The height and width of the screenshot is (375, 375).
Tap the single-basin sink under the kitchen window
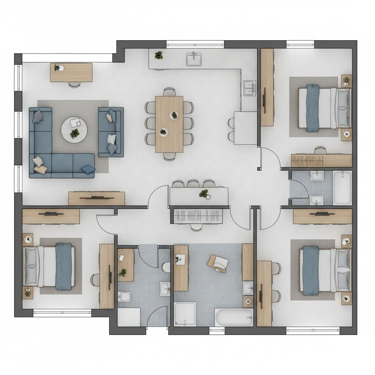point(194,59)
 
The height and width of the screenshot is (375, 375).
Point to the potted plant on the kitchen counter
point(159,56)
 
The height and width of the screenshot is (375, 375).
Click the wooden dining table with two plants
point(169,124)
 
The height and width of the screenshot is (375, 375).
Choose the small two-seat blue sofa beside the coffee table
point(111,132)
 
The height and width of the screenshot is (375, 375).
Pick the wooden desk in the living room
point(71,72)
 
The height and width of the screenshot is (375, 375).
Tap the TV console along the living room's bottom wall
point(97,198)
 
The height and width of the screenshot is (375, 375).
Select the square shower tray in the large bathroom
point(185,314)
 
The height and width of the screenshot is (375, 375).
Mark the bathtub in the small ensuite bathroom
point(342,187)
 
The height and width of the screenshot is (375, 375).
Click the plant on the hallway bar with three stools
point(204,194)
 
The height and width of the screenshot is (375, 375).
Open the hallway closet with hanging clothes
point(198,216)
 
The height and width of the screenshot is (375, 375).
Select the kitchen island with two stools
point(245,127)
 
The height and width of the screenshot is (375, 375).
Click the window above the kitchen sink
point(195,44)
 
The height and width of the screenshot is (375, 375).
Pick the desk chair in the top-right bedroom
point(320,150)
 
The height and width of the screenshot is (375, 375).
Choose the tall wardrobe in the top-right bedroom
point(267,87)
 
